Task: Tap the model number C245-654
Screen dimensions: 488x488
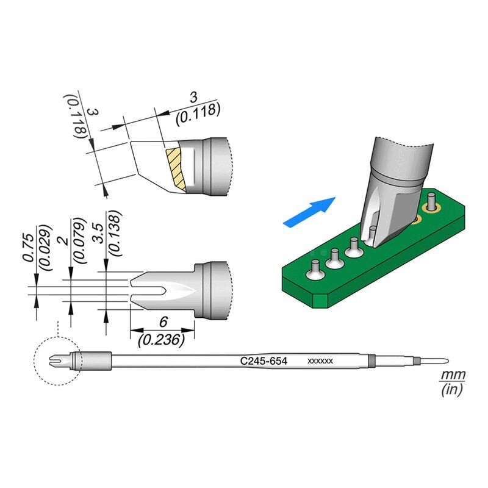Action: coord(264,362)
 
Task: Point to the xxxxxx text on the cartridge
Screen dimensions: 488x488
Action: coord(320,362)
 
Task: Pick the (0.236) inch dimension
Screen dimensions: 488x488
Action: coord(161,340)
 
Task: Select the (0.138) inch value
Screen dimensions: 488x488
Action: coord(113,232)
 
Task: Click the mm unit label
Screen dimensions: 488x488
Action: coord(453,374)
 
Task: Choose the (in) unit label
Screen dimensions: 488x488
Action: coord(452,389)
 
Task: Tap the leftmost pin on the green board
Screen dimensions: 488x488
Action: coord(315,269)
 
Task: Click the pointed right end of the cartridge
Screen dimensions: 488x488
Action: coord(448,361)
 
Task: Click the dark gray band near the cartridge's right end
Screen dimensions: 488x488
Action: coord(415,361)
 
